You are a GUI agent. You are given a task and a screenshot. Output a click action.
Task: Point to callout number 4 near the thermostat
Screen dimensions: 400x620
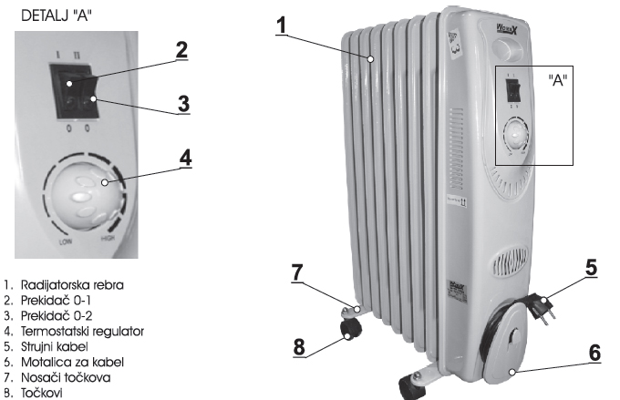pyautogui.click(x=185, y=157)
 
